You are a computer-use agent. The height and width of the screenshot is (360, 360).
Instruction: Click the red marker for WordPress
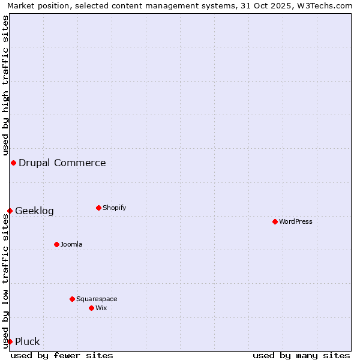click(x=275, y=221)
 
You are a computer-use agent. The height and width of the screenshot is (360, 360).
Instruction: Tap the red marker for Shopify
click(x=98, y=208)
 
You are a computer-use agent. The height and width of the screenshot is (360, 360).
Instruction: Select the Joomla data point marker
click(x=56, y=244)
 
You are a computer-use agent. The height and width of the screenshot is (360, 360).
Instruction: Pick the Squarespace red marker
click(x=72, y=299)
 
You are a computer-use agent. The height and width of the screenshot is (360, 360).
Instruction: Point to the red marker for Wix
click(x=91, y=308)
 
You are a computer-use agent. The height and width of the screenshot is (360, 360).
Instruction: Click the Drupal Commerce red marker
click(x=13, y=163)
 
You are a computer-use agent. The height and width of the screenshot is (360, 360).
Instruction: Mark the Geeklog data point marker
click(x=10, y=211)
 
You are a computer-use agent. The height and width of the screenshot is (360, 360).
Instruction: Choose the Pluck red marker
click(x=10, y=341)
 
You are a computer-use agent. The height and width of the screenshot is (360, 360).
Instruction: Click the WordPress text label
click(x=296, y=221)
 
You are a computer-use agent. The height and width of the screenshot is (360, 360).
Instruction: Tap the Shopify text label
click(x=115, y=208)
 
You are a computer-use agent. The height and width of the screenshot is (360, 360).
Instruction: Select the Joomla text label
click(x=71, y=244)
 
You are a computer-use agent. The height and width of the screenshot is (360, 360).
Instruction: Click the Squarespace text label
click(x=97, y=299)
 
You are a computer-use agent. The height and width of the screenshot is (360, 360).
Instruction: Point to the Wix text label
click(x=101, y=308)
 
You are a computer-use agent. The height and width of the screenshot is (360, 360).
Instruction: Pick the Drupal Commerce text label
click(x=62, y=163)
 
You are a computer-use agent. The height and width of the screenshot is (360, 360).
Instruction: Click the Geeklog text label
click(x=34, y=211)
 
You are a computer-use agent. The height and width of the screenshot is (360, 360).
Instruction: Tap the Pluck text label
click(x=28, y=341)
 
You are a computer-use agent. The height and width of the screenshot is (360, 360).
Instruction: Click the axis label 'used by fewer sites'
click(x=62, y=355)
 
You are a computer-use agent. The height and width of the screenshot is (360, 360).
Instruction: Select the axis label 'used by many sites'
click(x=301, y=355)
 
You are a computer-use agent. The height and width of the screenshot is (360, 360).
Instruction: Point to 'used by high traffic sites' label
click(x=5, y=85)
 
